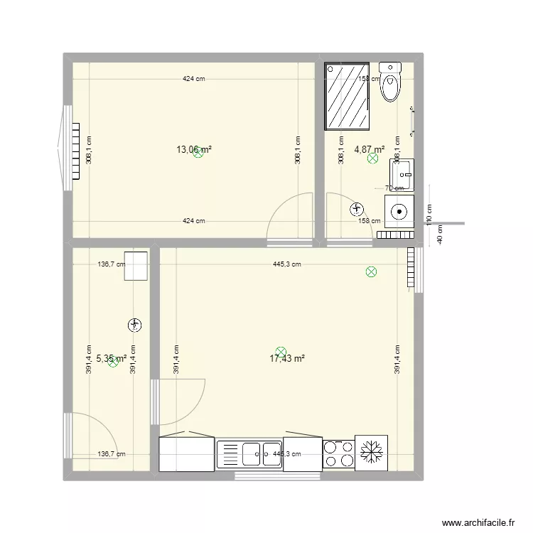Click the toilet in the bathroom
[x=390, y=82]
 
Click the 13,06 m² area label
[x=193, y=149]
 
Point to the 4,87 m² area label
[x=369, y=149]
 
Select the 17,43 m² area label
[x=287, y=359]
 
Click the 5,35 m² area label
[x=111, y=359]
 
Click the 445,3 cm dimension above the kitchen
[x=286, y=264]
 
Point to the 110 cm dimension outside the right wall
[x=429, y=210]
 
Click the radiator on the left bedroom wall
[x=75, y=150]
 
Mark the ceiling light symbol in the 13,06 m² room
[x=198, y=152]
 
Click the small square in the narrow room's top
[x=136, y=265]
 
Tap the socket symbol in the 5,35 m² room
[x=134, y=325]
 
